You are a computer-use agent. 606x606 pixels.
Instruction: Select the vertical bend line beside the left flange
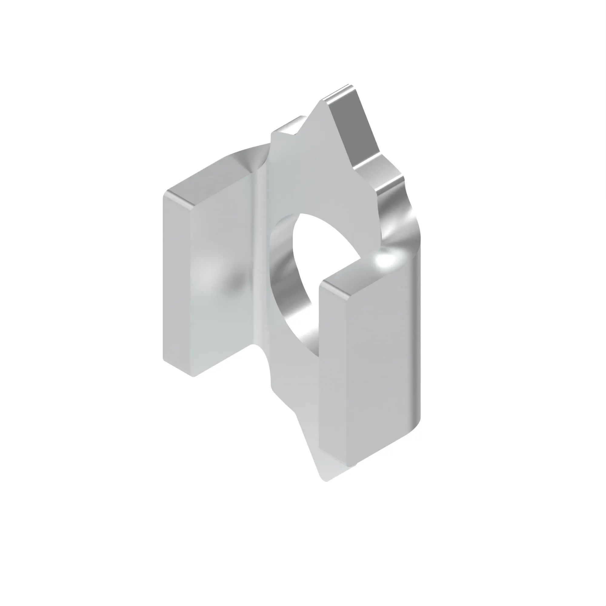coord(260,251)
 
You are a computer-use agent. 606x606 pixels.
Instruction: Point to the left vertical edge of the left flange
coord(164,282)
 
